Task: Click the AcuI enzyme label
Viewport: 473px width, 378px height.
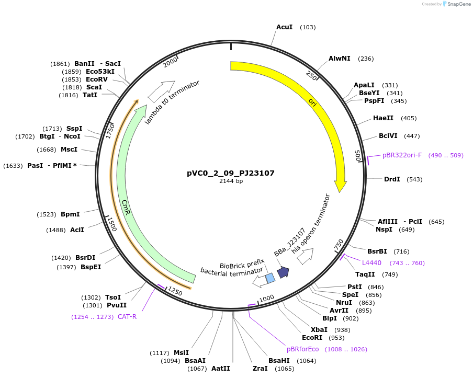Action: pos(284,27)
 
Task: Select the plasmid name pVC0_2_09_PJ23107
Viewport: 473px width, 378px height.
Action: pos(231,173)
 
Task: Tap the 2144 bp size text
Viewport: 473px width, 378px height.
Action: pos(231,181)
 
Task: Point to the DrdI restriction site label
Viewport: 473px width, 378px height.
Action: pos(392,179)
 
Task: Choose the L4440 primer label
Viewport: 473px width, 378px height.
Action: pos(371,263)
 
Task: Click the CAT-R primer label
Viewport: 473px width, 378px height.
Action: pos(127,316)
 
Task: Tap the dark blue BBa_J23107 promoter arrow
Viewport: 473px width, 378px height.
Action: pos(283,272)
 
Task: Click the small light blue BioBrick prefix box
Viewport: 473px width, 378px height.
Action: pos(270,278)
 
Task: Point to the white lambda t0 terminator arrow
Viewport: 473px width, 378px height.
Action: pos(161,91)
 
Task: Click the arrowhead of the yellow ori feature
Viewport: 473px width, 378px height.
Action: pos(340,186)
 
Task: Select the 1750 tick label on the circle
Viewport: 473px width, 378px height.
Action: pos(110,131)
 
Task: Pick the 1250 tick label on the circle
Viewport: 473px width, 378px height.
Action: pos(175,291)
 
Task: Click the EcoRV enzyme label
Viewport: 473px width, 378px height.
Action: pos(97,79)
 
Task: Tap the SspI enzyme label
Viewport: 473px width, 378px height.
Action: pos(74,129)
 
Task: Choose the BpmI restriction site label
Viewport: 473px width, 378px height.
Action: pos(70,214)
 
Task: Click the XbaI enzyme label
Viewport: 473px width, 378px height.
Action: pos(319,330)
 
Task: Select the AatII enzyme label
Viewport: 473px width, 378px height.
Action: pos(220,369)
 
